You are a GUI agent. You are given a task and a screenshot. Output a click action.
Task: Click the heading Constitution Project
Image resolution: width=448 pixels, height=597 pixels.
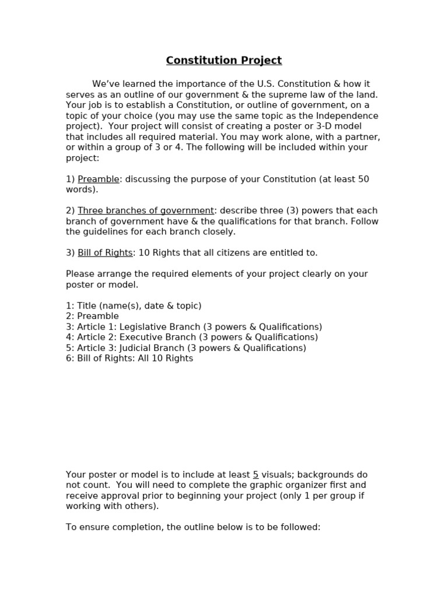[x=223, y=61]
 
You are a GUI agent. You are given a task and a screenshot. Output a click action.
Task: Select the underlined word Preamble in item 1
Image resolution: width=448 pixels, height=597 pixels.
[x=99, y=179]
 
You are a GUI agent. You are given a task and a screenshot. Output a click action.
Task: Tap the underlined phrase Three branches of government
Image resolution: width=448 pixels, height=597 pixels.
[x=146, y=210]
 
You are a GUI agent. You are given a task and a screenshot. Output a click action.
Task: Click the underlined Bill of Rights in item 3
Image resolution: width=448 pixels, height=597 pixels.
[x=105, y=252]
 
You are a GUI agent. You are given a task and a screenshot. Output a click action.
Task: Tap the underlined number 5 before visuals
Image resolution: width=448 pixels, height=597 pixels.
[x=256, y=475]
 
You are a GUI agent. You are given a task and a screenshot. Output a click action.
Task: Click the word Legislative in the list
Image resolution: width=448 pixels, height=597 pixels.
[x=143, y=326]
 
